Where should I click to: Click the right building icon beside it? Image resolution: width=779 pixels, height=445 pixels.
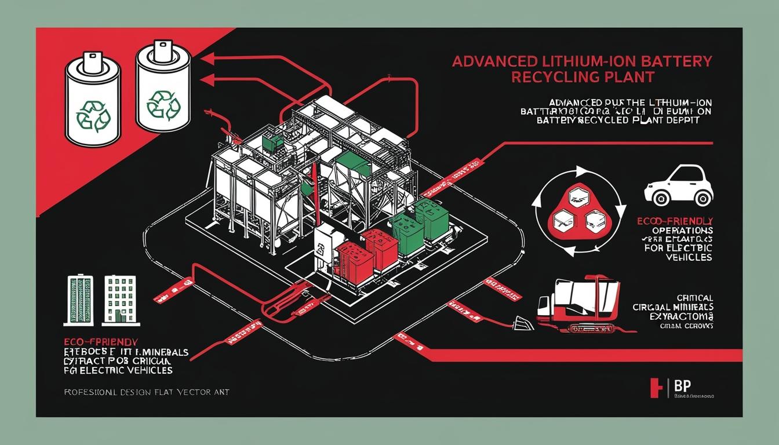click(x=119, y=299)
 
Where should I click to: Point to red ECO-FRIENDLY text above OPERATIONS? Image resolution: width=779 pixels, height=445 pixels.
click(x=674, y=221)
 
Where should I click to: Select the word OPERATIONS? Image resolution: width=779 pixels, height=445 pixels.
click(x=682, y=230)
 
